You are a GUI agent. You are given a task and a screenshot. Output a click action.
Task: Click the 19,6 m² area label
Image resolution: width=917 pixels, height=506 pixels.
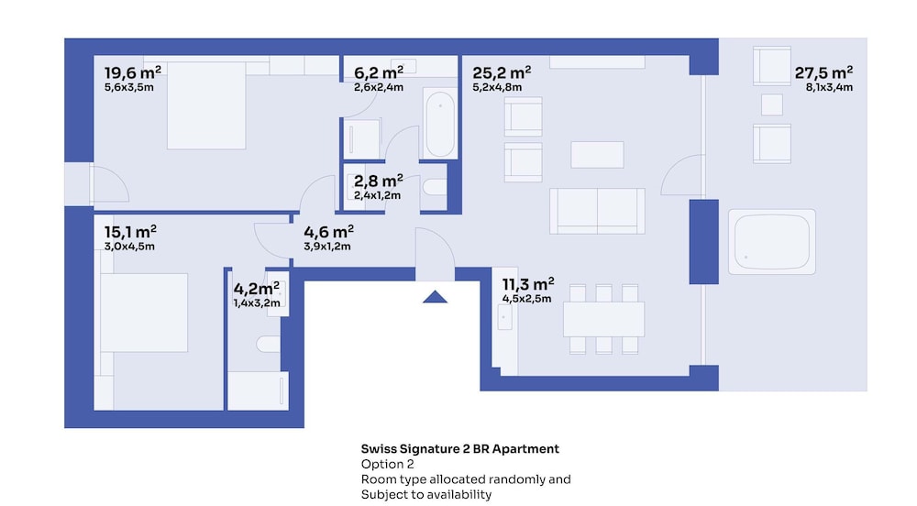click(x=133, y=72)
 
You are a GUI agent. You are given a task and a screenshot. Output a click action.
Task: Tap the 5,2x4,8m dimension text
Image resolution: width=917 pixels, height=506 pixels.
click(x=497, y=88)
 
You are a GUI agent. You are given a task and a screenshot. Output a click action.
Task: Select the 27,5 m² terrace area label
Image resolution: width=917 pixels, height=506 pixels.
click(x=823, y=72)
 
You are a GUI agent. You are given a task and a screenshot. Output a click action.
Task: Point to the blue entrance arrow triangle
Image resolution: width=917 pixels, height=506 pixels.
click(x=435, y=297)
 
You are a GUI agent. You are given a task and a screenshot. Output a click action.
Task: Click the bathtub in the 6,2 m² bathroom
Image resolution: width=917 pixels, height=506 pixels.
click(x=440, y=123)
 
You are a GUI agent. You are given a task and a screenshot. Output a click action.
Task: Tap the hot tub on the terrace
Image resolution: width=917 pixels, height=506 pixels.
click(x=772, y=242)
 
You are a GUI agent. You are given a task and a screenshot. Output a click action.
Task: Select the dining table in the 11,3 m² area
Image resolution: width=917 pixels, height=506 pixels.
click(x=603, y=319)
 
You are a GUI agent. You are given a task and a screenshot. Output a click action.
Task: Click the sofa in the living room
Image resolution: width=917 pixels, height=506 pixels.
click(x=597, y=211)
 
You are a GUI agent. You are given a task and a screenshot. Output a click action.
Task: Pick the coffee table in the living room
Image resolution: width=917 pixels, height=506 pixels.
click(x=597, y=155)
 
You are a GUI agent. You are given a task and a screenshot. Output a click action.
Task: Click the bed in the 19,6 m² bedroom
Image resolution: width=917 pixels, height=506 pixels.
click(x=205, y=105)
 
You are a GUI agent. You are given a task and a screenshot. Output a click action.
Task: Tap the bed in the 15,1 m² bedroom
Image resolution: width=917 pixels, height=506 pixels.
click(x=144, y=313)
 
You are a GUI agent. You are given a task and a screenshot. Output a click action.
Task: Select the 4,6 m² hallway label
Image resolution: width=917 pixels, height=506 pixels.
click(x=328, y=231)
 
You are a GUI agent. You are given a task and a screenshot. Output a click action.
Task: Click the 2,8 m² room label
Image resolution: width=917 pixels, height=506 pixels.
click(x=378, y=181)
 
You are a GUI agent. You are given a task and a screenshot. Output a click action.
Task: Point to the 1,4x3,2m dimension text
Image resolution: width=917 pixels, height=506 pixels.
click(x=257, y=303)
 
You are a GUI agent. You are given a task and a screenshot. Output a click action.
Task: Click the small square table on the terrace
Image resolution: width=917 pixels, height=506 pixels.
click(x=772, y=105)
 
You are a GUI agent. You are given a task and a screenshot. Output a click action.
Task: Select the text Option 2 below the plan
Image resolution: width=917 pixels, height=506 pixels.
click(x=387, y=464)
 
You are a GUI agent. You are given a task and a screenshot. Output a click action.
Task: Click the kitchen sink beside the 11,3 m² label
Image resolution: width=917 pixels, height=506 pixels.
click(x=504, y=317)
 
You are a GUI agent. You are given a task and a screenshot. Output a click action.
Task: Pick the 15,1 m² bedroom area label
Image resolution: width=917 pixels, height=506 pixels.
click(x=130, y=231)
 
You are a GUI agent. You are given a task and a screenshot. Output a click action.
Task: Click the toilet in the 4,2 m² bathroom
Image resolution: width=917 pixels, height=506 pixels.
click(x=269, y=344)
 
